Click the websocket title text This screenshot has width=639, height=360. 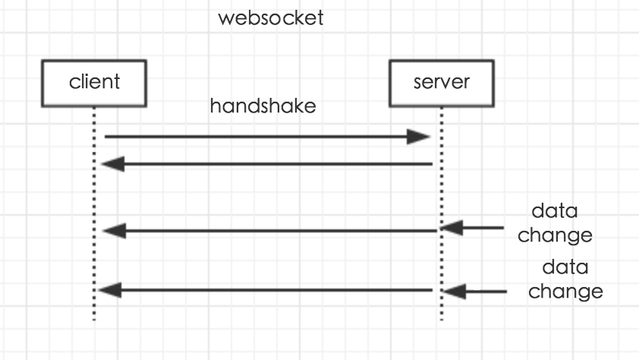(x=271, y=18)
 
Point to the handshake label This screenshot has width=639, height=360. (x=263, y=106)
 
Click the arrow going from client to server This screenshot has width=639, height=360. (x=267, y=137)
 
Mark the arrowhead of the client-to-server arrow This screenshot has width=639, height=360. (x=419, y=137)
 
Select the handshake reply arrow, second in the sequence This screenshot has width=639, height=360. (x=267, y=164)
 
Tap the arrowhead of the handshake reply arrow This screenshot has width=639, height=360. (x=113, y=164)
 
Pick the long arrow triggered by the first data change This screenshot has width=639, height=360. (x=269, y=231)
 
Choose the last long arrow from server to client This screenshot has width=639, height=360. (x=266, y=290)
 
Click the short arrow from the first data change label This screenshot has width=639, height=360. (x=472, y=228)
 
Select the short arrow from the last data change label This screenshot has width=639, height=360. (x=475, y=292)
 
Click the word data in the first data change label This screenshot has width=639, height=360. (x=555, y=211)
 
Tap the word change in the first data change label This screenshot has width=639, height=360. (x=555, y=235)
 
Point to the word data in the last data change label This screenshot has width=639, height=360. (x=565, y=267)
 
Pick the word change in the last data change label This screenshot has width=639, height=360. (x=565, y=292)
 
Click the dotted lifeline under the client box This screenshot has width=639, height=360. (x=94, y=214)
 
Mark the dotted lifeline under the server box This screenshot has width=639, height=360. (x=442, y=214)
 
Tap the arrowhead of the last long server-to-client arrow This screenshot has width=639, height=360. (x=109, y=290)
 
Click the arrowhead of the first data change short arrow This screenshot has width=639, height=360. (x=452, y=228)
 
